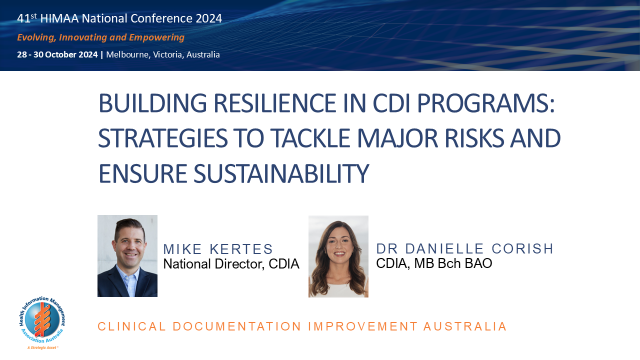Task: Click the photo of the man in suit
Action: [x=127, y=256]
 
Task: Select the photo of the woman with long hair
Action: [x=338, y=256]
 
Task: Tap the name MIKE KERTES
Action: [x=218, y=249]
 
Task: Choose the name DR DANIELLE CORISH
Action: [x=465, y=248]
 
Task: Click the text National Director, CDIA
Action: [x=231, y=264]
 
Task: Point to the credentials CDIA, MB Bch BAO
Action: [x=434, y=263]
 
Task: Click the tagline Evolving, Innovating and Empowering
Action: [x=100, y=37]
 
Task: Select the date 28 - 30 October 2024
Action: [x=57, y=54]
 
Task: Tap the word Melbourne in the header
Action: [x=127, y=54]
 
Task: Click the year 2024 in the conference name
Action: [x=209, y=18]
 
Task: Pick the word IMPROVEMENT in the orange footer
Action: [x=362, y=326]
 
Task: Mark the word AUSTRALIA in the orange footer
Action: [x=465, y=326]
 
